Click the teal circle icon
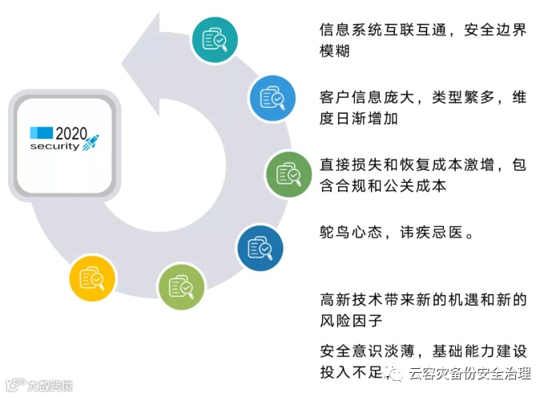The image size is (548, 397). click(x=216, y=39)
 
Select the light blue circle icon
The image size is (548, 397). click(x=272, y=99)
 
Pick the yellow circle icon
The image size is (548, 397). click(x=92, y=277)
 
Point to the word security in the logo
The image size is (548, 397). click(x=54, y=147)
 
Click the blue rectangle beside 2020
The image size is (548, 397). click(x=42, y=132)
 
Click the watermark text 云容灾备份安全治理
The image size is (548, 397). click(x=470, y=373)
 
